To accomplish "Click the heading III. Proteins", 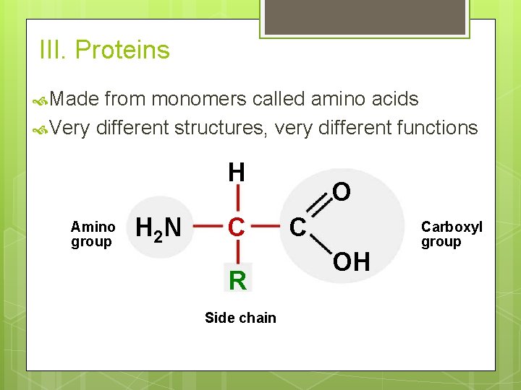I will pos(105,51).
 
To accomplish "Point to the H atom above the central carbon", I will pos(237,173).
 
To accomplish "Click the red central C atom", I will pos(237,227).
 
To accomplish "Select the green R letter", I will pos(237,280).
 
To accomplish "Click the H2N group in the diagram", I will pos(158,228).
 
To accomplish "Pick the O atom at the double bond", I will pos(342,192).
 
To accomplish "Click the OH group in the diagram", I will pos(351,262).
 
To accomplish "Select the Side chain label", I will pos(240,318).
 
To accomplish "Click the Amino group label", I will pos(92,235).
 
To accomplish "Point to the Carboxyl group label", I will pos(451,235).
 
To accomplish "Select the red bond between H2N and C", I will pos(207,227).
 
